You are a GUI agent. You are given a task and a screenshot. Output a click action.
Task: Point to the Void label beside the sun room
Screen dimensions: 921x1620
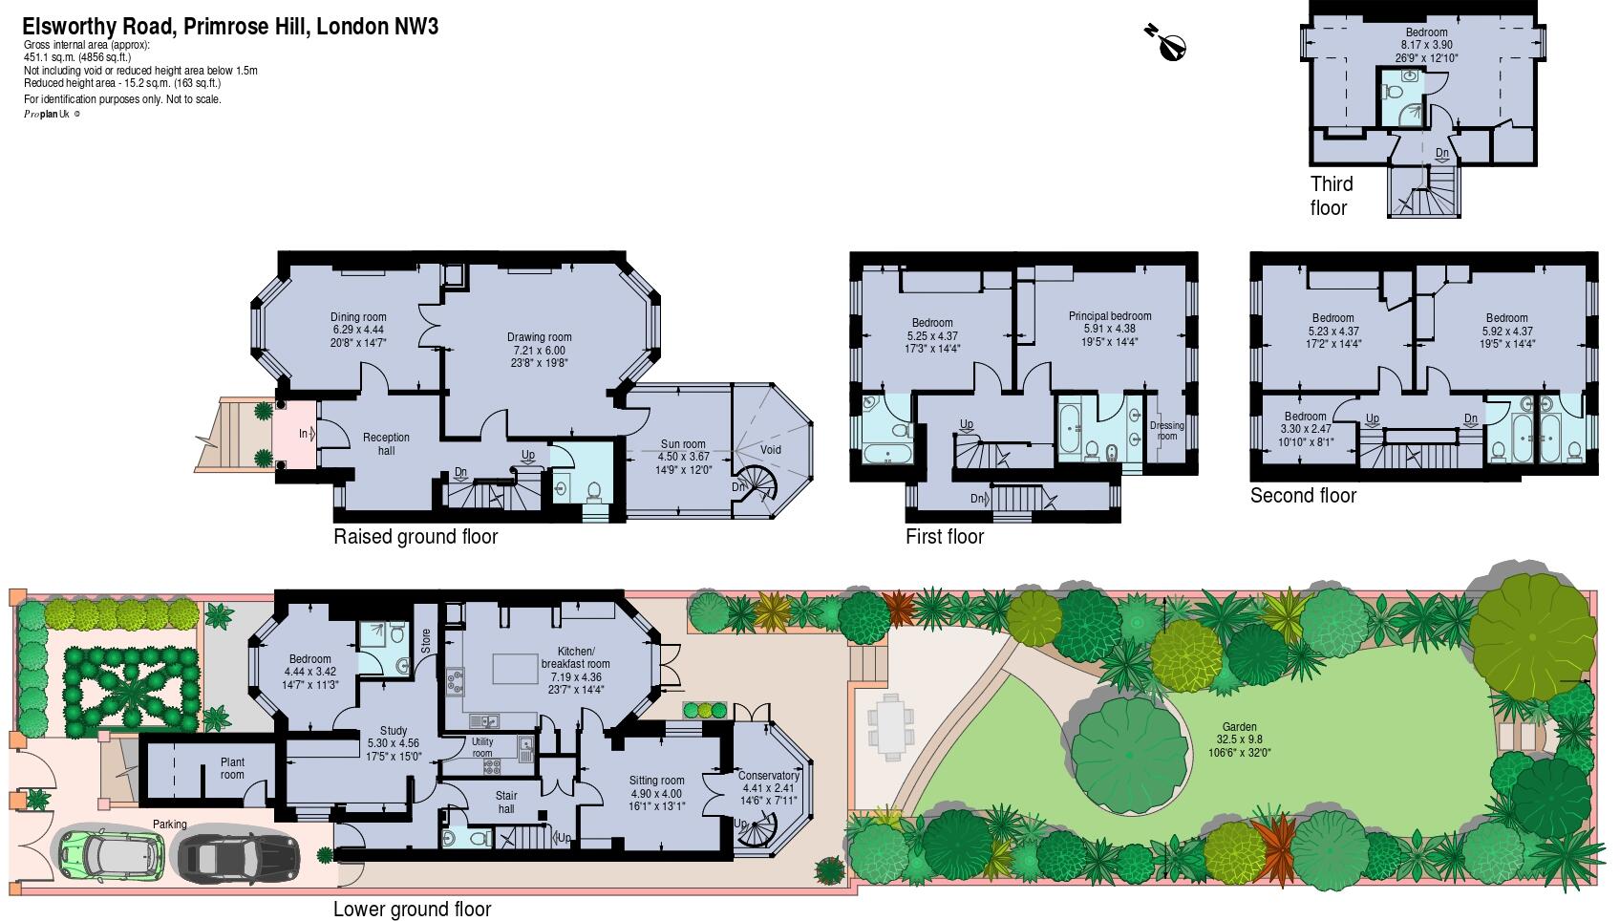(x=770, y=450)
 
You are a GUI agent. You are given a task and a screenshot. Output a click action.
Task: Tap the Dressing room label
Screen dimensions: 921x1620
(x=1167, y=431)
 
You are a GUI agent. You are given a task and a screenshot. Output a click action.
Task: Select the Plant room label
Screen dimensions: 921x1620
(x=232, y=768)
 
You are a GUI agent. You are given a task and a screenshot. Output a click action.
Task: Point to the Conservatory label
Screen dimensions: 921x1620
(x=768, y=776)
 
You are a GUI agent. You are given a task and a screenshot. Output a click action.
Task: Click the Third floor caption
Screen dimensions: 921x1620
(x=1331, y=196)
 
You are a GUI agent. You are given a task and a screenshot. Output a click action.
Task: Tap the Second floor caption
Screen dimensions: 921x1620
(x=1303, y=495)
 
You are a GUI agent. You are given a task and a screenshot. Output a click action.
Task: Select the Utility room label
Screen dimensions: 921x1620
(x=482, y=747)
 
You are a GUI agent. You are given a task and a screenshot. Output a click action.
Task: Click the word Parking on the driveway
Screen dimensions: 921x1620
(x=170, y=825)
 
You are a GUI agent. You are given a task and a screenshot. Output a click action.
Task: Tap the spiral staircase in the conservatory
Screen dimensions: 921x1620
(x=760, y=838)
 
